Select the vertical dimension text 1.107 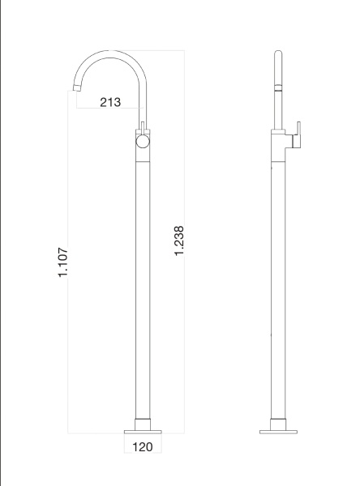[64, 262]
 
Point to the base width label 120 [142, 446]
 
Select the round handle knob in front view [143, 143]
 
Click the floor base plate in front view [142, 429]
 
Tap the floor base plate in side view [277, 429]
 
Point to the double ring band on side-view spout [277, 92]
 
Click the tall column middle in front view [142, 283]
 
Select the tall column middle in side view [277, 283]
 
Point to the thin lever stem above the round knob [144, 128]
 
